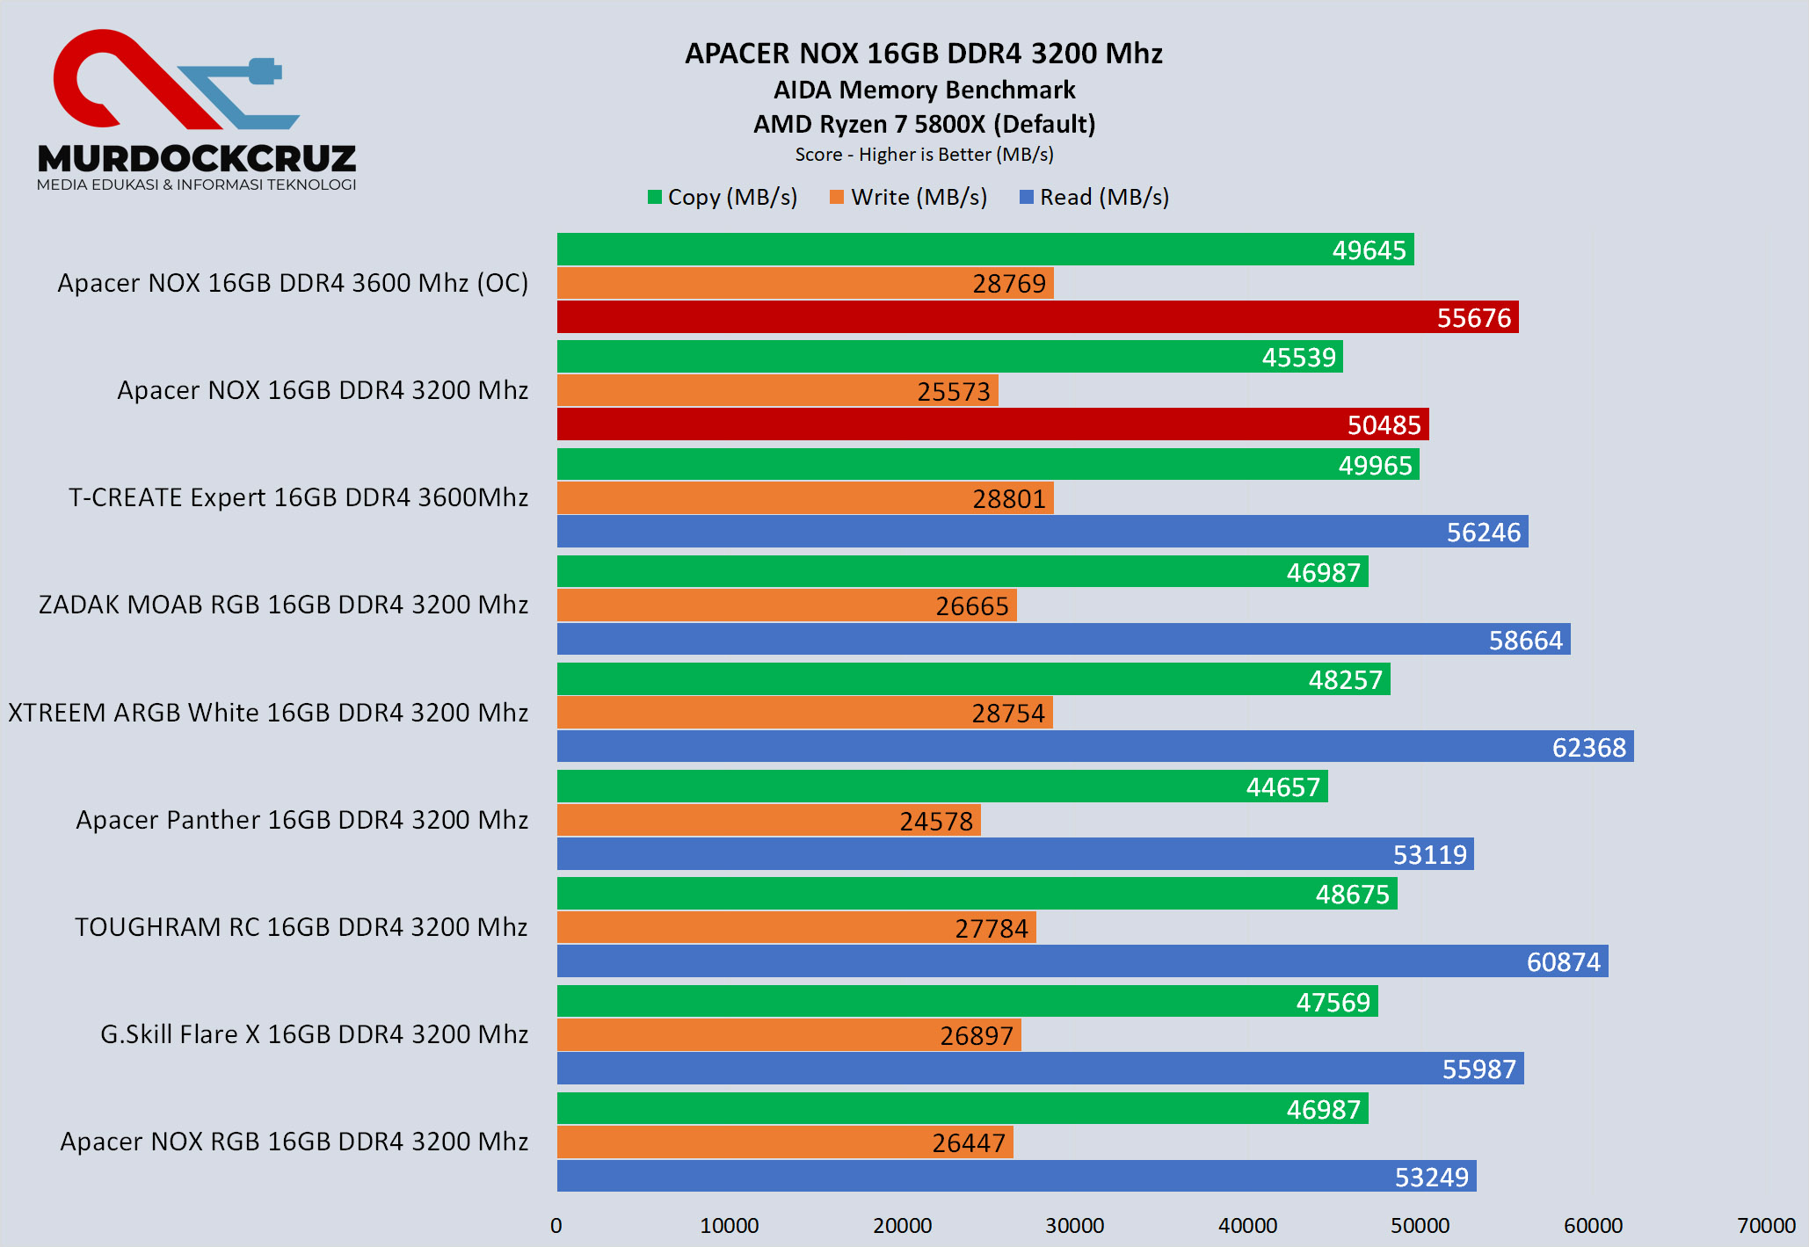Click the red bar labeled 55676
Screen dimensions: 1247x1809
[x=1037, y=317]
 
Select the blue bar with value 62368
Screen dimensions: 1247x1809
[x=1094, y=747]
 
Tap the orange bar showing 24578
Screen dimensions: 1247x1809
[x=768, y=821]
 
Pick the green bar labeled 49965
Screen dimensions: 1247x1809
[x=987, y=465]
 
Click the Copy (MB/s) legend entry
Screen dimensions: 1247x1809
[x=723, y=198]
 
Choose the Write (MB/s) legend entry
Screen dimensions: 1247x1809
[x=909, y=198]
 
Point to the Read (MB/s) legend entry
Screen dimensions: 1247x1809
[x=1094, y=198]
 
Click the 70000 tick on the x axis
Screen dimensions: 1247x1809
[x=1766, y=1226]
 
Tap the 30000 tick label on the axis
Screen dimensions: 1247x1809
[x=1074, y=1226]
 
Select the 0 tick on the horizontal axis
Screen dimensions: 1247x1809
[x=556, y=1226]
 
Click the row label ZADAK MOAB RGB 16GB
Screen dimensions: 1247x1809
[x=283, y=605]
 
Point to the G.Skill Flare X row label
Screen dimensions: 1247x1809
[x=314, y=1034]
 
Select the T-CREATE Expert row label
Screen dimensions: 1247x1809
[x=298, y=497]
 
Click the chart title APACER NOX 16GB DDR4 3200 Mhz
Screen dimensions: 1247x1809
[x=923, y=54]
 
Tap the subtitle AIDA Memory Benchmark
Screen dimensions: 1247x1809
[x=924, y=90]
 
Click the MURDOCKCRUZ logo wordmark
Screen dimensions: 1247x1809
[x=197, y=159]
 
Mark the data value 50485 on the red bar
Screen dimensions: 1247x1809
[x=1384, y=425]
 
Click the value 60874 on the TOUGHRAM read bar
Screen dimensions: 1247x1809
[x=1563, y=962]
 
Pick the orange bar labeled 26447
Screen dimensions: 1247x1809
[x=785, y=1142]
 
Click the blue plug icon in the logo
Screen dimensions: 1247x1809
[x=263, y=71]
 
